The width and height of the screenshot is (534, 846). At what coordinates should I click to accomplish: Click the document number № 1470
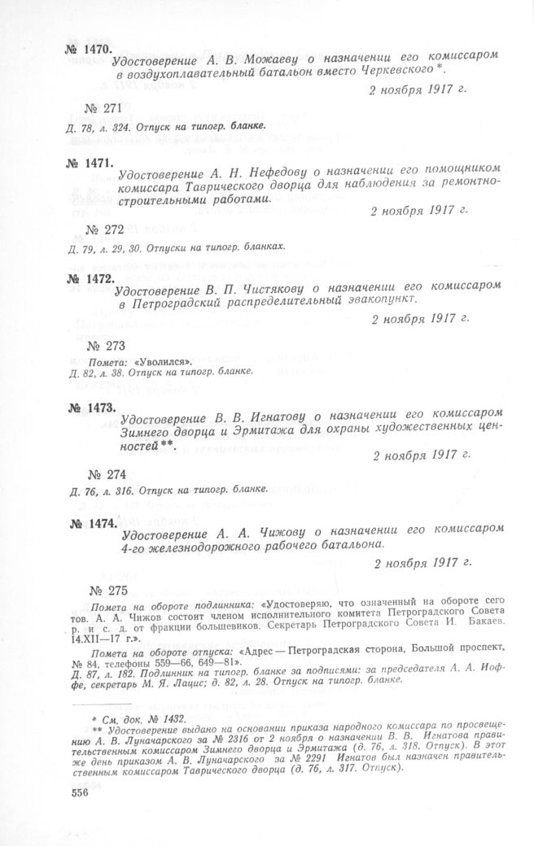(90, 50)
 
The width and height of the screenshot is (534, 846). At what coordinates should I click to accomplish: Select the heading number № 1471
(89, 163)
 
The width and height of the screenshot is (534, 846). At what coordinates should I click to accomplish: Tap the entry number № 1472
(88, 277)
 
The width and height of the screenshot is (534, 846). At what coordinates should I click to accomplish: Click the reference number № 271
(104, 107)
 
